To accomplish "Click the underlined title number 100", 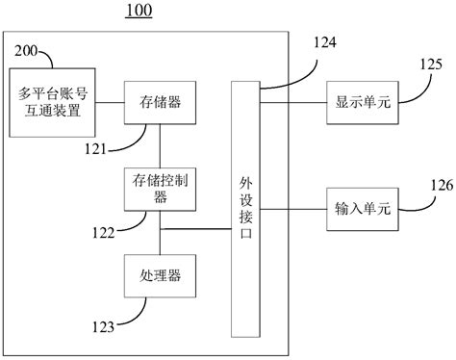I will coord(139,13).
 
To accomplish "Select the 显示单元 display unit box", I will coord(362,100).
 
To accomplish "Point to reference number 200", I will coord(26,51).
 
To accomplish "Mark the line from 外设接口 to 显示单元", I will coord(293,100).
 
